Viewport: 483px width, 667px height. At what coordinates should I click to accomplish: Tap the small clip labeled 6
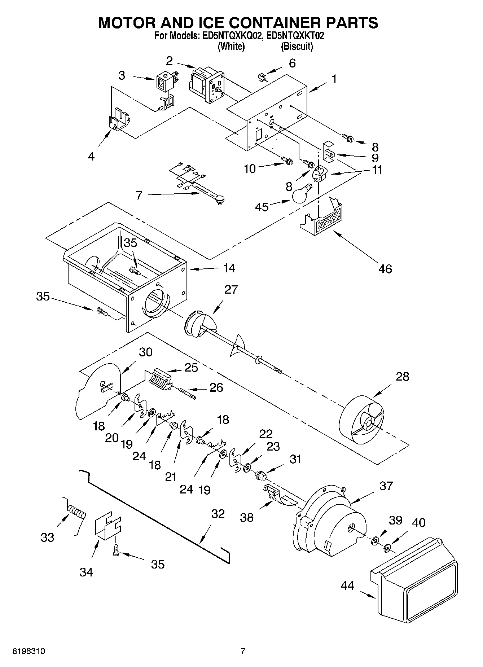pos(263,76)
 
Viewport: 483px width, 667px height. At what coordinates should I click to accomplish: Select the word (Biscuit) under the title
pos(297,47)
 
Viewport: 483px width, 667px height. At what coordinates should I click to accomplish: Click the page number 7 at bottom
pos(243,651)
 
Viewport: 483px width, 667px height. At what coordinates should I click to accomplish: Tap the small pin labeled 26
pos(187,393)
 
